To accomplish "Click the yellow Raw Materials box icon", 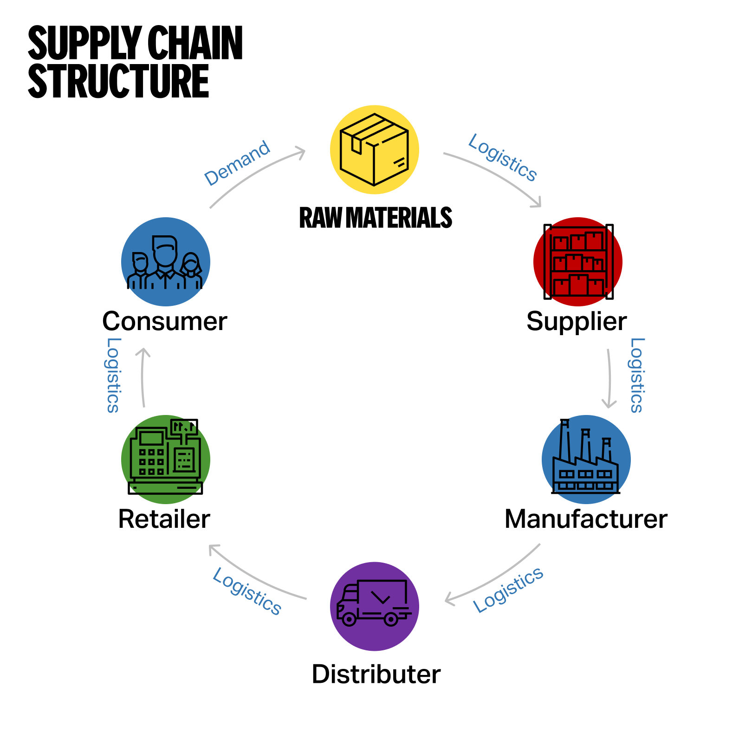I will [374, 149].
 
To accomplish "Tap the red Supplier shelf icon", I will [578, 261].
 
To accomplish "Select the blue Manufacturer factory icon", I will [586, 459].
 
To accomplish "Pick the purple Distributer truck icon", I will [374, 606].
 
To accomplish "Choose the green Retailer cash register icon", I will [166, 459].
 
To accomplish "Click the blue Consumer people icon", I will [166, 261].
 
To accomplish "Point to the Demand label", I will [237, 163].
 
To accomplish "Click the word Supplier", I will [577, 321].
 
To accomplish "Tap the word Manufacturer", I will [586, 519].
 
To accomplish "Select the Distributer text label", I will [376, 674].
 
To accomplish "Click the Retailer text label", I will [164, 519].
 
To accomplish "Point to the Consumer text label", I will [165, 321].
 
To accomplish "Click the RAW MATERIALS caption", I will [376, 218].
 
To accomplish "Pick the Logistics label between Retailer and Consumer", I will [113, 375].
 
